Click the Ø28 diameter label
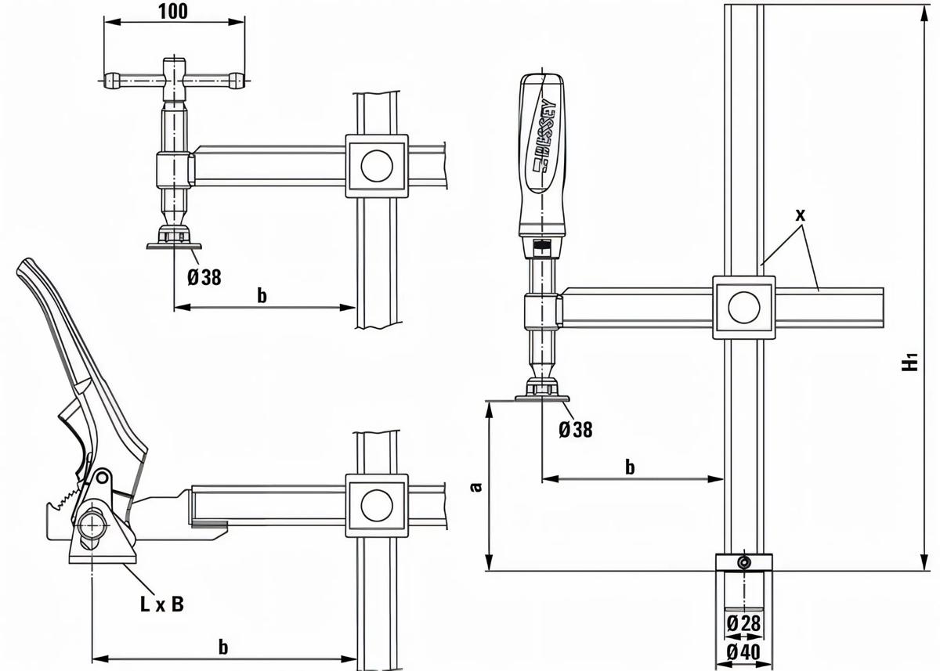743,623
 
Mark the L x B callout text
162,604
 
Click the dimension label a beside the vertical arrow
474,487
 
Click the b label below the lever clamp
223,647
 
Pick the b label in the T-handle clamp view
262,295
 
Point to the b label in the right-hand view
630,467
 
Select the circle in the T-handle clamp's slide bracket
376,165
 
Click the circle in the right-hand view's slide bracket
744,307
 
